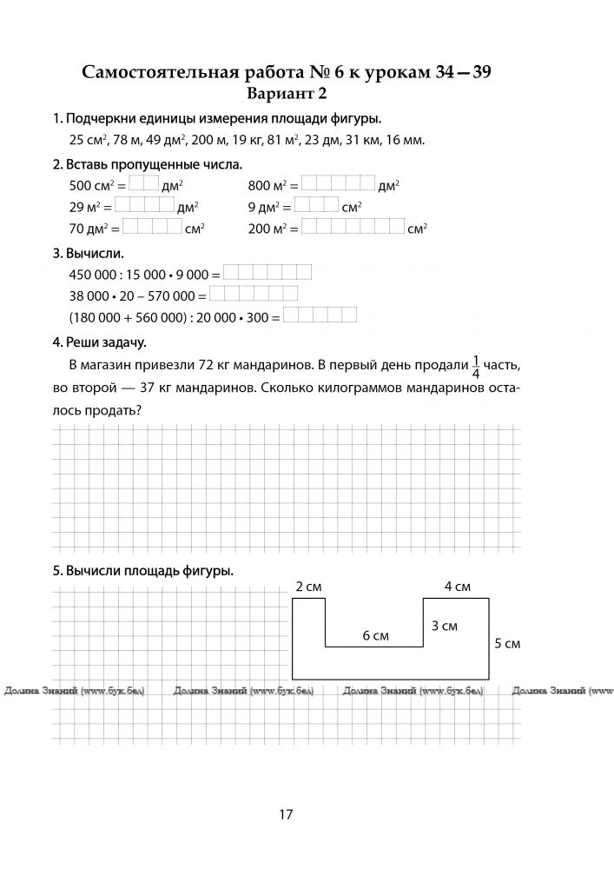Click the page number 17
tap(286, 814)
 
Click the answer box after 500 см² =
tap(144, 184)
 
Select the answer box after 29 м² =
tap(144, 207)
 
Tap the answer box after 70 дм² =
tap(152, 229)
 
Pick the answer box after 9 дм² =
tap(317, 207)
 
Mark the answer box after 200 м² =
tap(353, 229)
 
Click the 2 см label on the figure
tap(308, 587)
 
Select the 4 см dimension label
tap(457, 587)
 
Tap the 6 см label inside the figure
tap(375, 636)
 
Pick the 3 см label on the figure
tap(445, 626)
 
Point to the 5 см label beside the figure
tap(506, 644)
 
